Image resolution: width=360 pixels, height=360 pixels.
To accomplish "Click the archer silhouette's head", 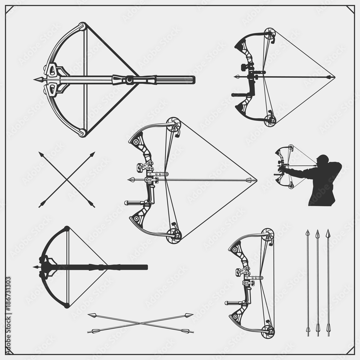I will pyautogui.click(x=324, y=159).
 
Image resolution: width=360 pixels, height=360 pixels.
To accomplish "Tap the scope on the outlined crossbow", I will pyautogui.click(x=134, y=80).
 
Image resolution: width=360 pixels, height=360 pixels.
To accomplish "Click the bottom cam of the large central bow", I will pyautogui.click(x=174, y=236).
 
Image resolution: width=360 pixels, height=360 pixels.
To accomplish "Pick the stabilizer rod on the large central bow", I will pyautogui.click(x=135, y=203).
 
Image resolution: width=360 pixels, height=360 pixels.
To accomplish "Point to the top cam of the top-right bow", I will pyautogui.click(x=269, y=34).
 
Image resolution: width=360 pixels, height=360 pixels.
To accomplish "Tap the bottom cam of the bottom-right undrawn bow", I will pyautogui.click(x=268, y=330).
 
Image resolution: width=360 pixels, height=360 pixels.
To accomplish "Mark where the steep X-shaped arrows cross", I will pyautogui.click(x=67, y=180).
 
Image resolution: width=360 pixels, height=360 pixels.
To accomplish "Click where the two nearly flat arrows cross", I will pyautogui.click(x=140, y=323).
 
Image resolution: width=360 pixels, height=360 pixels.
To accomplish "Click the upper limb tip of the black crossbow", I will pyautogui.click(x=67, y=228).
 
